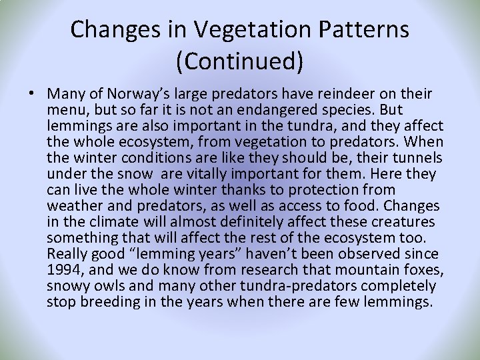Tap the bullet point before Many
click(32, 94)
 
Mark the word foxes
click(423, 270)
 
